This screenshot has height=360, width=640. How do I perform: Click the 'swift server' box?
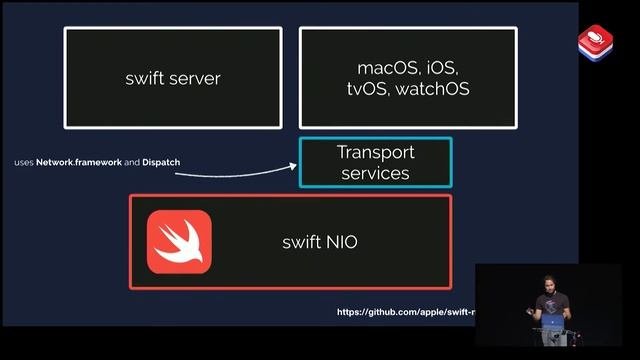pyautogui.click(x=173, y=78)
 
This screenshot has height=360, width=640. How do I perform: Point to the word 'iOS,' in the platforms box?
pyautogui.click(x=441, y=69)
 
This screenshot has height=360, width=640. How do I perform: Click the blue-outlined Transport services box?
pyautogui.click(x=375, y=162)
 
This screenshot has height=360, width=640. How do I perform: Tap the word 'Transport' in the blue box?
pyautogui.click(x=375, y=152)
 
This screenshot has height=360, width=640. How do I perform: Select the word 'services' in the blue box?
pyautogui.click(x=375, y=173)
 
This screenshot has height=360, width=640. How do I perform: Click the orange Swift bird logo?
pyautogui.click(x=179, y=242)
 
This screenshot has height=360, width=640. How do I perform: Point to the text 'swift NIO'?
pyautogui.click(x=319, y=242)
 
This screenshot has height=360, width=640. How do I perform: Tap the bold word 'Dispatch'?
pyautogui.click(x=161, y=162)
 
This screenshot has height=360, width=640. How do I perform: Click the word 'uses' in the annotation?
pyautogui.click(x=24, y=162)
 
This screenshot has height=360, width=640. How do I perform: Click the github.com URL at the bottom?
pyautogui.click(x=405, y=312)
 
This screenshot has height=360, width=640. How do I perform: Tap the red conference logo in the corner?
pyautogui.click(x=595, y=42)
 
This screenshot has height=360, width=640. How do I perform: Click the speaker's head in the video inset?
pyautogui.click(x=548, y=284)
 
